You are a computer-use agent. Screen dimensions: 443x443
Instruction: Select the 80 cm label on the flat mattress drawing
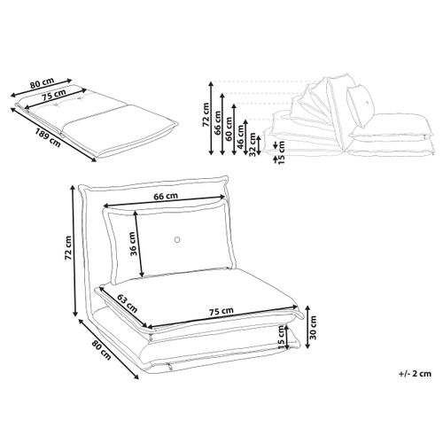click(43, 86)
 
